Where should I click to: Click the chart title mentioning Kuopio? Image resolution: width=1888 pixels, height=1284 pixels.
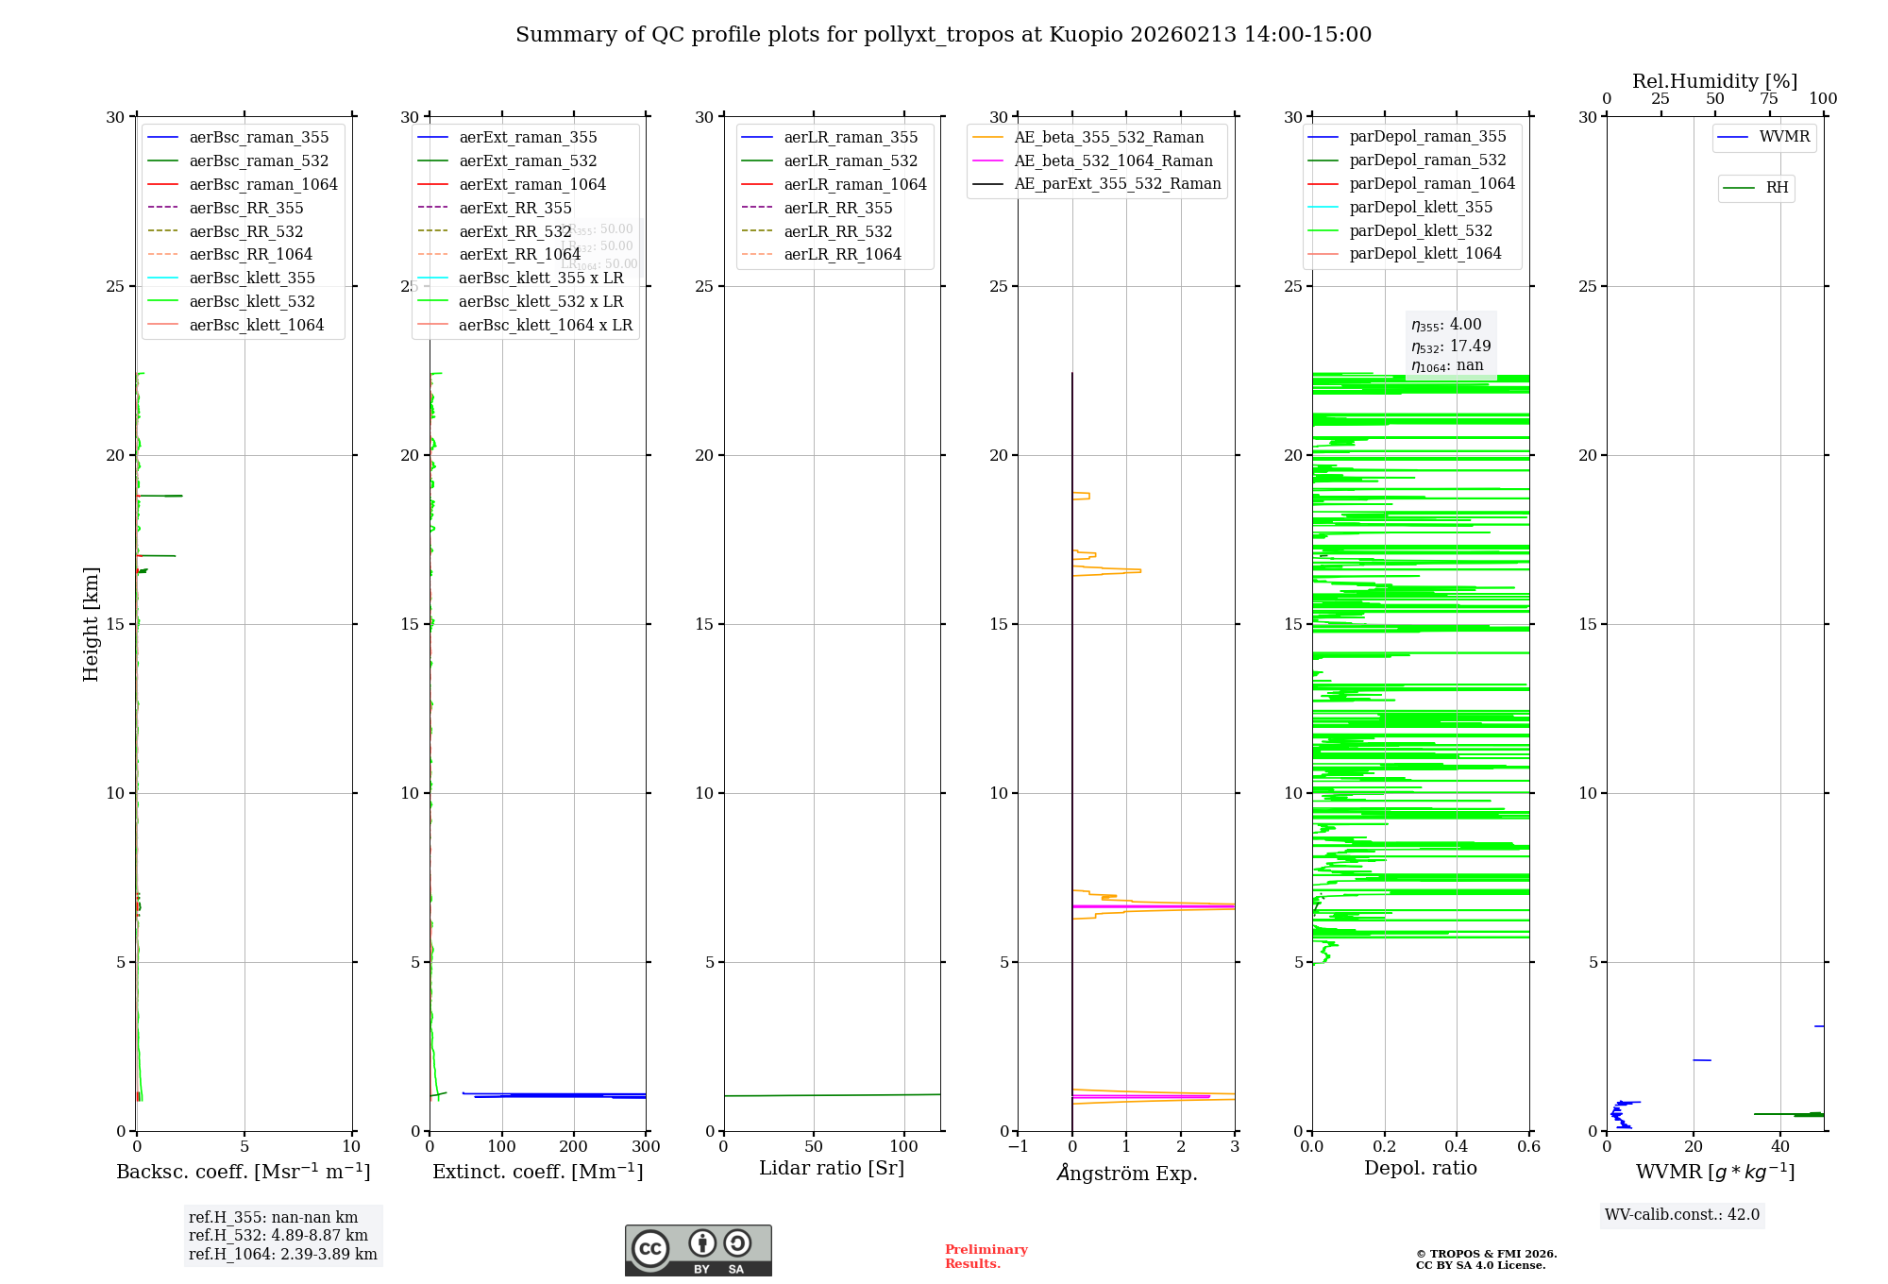point(943,35)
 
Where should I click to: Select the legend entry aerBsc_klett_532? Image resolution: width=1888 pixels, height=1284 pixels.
point(252,301)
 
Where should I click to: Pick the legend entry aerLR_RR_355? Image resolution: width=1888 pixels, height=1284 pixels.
point(837,208)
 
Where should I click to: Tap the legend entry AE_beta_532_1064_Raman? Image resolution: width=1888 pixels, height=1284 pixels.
point(1113,160)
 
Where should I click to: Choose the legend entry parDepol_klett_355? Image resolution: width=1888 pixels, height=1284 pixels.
point(1421,207)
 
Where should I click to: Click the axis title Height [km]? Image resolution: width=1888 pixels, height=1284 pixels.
point(91,623)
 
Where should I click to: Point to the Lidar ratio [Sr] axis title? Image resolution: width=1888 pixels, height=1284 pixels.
point(832,1168)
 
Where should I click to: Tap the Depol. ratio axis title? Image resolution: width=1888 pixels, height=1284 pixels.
point(1420,1168)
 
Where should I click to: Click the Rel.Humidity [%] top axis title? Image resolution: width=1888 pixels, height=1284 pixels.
point(1714,81)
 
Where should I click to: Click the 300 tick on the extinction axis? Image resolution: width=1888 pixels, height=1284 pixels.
point(646,1147)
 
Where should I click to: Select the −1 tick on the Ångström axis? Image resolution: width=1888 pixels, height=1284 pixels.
point(1017,1147)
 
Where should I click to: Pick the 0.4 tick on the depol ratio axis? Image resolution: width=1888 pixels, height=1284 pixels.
point(1457,1147)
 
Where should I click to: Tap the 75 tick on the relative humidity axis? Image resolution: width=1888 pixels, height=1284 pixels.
point(1769,99)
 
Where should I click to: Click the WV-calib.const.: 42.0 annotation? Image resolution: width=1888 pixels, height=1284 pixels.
point(1682,1214)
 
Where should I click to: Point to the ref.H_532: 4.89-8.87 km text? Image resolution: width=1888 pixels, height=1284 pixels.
point(278,1235)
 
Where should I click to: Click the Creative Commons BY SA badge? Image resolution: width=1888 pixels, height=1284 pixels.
point(698,1250)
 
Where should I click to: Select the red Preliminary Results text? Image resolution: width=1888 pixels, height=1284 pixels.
point(986,1256)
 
